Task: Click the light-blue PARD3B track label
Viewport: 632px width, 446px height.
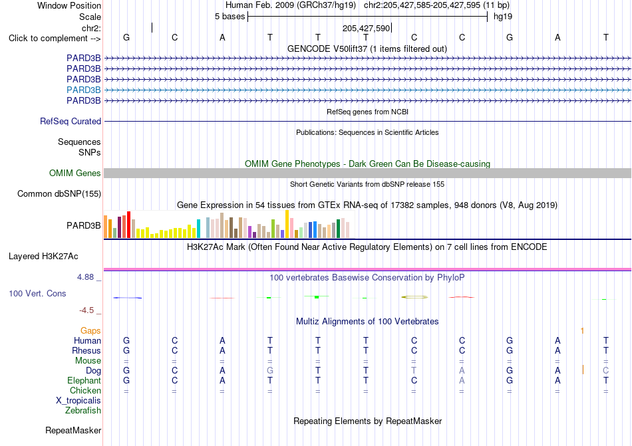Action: [x=83, y=90]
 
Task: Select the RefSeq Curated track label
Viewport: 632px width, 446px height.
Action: [x=71, y=121]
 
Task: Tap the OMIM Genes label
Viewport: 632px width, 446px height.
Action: [x=75, y=173]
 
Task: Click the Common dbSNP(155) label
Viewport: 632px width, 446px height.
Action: [x=59, y=193]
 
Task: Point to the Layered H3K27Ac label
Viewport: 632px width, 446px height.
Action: [x=43, y=257]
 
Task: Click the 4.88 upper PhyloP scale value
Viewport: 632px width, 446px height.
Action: [x=85, y=277]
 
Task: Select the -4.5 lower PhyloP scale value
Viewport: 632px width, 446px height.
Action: [x=86, y=310]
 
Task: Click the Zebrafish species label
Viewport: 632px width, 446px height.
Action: [x=83, y=411]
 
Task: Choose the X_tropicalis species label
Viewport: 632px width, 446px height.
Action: [x=79, y=401]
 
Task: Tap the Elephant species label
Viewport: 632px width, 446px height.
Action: [x=84, y=380]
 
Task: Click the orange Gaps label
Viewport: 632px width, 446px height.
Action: [x=90, y=330]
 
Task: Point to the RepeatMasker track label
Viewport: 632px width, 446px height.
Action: [x=73, y=430]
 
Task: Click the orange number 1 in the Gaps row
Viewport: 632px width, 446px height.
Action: [x=582, y=331]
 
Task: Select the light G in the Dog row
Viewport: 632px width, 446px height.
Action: [x=270, y=370]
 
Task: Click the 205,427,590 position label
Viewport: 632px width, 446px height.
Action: [x=366, y=28]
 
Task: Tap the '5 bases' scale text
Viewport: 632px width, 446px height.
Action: [x=230, y=17]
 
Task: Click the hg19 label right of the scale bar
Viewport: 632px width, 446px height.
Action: [x=503, y=17]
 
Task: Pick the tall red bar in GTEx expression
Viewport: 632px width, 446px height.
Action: [x=128, y=225]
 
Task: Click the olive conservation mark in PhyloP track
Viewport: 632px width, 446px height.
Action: [x=414, y=297]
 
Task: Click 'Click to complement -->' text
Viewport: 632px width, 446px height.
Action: [x=55, y=39]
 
